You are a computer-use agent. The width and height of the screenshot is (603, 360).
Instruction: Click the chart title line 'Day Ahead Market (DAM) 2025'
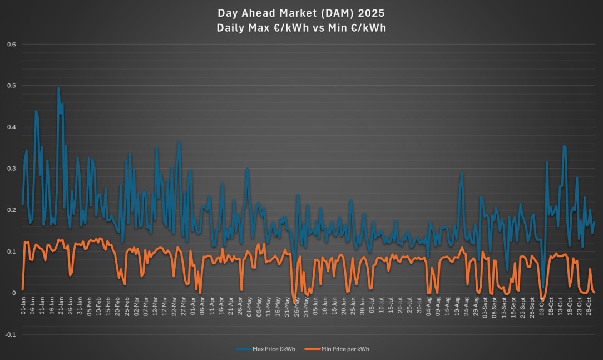point(301,13)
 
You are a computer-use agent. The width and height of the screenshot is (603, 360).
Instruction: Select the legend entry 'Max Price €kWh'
point(273,349)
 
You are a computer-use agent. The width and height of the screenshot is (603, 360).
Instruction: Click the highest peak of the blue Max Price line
point(58,87)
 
